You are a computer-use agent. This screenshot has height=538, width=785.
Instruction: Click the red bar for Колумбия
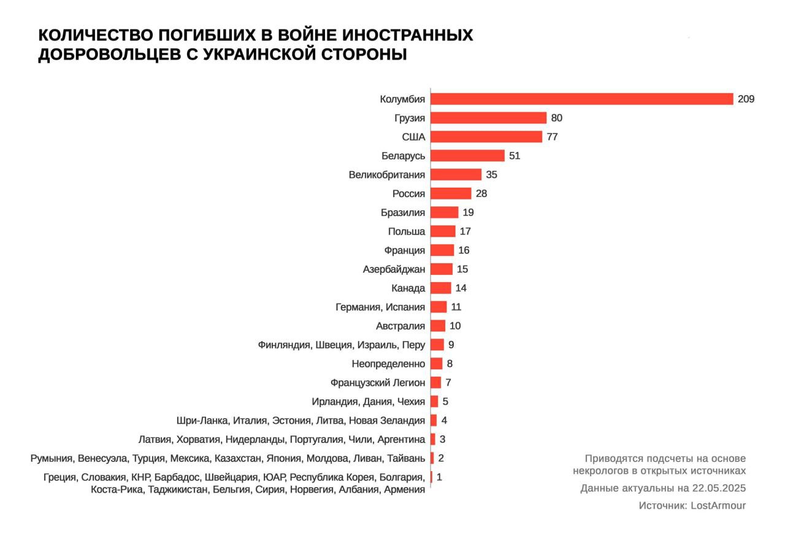click(x=582, y=99)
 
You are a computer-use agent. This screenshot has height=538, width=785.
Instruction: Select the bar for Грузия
click(x=488, y=118)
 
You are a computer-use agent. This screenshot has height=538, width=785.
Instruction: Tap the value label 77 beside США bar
click(x=552, y=137)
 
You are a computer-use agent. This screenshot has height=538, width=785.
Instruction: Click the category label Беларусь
click(x=403, y=156)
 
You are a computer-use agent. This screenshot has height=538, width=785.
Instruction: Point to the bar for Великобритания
click(x=456, y=175)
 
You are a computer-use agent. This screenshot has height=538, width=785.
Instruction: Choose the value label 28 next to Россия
click(x=481, y=194)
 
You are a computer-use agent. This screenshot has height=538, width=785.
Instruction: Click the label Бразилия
click(x=402, y=213)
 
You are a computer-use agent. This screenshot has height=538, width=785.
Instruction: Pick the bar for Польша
click(x=443, y=231)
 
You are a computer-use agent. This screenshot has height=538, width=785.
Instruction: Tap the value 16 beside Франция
click(x=464, y=250)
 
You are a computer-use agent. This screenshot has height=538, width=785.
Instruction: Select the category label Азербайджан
click(x=394, y=269)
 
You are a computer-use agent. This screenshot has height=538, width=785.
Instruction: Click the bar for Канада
click(x=441, y=288)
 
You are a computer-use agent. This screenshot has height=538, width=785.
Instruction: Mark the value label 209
click(x=746, y=99)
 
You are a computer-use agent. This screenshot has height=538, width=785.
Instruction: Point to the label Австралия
click(x=400, y=326)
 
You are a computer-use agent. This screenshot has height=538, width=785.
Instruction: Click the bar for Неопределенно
click(x=436, y=364)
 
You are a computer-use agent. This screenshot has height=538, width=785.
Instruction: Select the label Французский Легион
click(x=377, y=383)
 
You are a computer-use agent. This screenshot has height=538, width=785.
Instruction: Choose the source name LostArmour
click(x=718, y=506)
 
